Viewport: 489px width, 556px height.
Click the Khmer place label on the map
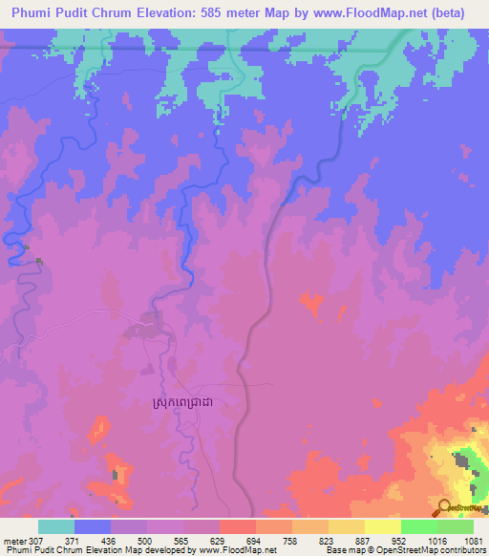tap(189, 405)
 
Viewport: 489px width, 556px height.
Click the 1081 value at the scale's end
tap(473, 539)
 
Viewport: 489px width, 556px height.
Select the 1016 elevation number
tap(436, 539)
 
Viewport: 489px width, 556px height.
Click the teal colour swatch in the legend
tap(56, 526)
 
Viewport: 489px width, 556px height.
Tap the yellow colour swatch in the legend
tap(382, 526)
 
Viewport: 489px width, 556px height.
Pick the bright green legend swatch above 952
tap(418, 526)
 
